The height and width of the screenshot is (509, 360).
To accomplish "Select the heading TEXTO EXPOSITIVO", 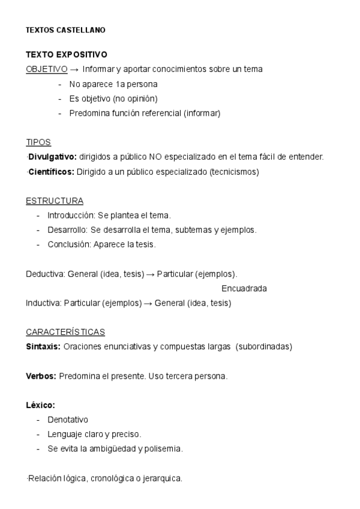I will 66,54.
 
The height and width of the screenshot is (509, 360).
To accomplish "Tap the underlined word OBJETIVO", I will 46,69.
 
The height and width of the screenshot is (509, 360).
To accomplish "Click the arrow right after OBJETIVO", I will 74,69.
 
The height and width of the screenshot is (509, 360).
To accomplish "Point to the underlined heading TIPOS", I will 38,142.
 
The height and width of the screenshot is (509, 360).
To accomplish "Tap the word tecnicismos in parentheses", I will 235,172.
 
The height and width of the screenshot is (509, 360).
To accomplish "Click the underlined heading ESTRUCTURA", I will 55,200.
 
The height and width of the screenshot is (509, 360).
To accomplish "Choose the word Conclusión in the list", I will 67,244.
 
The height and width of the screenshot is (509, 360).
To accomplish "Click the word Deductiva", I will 45,274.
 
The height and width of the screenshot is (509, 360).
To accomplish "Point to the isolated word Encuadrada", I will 244,288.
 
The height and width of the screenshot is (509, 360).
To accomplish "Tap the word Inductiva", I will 43,303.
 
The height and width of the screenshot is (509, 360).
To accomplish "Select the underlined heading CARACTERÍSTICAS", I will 65,332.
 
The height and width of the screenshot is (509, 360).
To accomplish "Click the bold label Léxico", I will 40,405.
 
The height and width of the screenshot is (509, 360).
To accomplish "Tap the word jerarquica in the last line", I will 161,478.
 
